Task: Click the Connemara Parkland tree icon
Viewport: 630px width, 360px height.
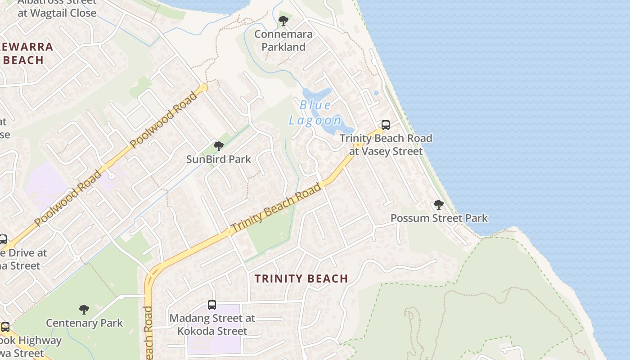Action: pos(283,20)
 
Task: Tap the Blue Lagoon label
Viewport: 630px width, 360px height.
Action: pos(315,113)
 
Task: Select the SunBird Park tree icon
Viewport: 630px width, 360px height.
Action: pos(219,146)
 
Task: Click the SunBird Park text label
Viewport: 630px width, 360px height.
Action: pos(219,159)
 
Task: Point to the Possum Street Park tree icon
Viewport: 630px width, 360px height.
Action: pos(439,205)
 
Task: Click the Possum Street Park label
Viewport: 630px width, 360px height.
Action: pos(439,218)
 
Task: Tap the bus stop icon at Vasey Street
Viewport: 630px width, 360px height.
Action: pos(386,125)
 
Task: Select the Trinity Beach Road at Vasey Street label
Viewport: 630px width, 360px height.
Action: pos(386,144)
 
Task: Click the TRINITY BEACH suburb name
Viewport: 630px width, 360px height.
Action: pos(301,279)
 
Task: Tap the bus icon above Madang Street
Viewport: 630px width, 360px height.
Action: pos(212,305)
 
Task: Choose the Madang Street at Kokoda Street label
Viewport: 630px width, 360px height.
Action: pos(212,324)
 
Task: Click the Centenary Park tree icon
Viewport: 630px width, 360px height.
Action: pos(84,309)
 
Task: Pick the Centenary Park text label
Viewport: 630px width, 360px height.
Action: pos(84,323)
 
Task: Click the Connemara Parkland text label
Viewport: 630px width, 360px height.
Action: pos(283,40)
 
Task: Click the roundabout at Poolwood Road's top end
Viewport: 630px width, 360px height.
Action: pos(204,87)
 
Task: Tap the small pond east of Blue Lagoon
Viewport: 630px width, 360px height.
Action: pos(376,93)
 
